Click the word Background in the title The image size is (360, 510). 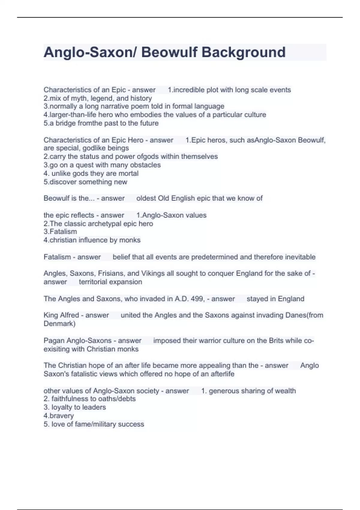243,52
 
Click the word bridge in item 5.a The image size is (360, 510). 65,123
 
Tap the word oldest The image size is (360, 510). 146,198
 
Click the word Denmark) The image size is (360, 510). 59,323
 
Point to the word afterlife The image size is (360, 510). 222,374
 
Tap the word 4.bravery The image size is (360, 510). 58,416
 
